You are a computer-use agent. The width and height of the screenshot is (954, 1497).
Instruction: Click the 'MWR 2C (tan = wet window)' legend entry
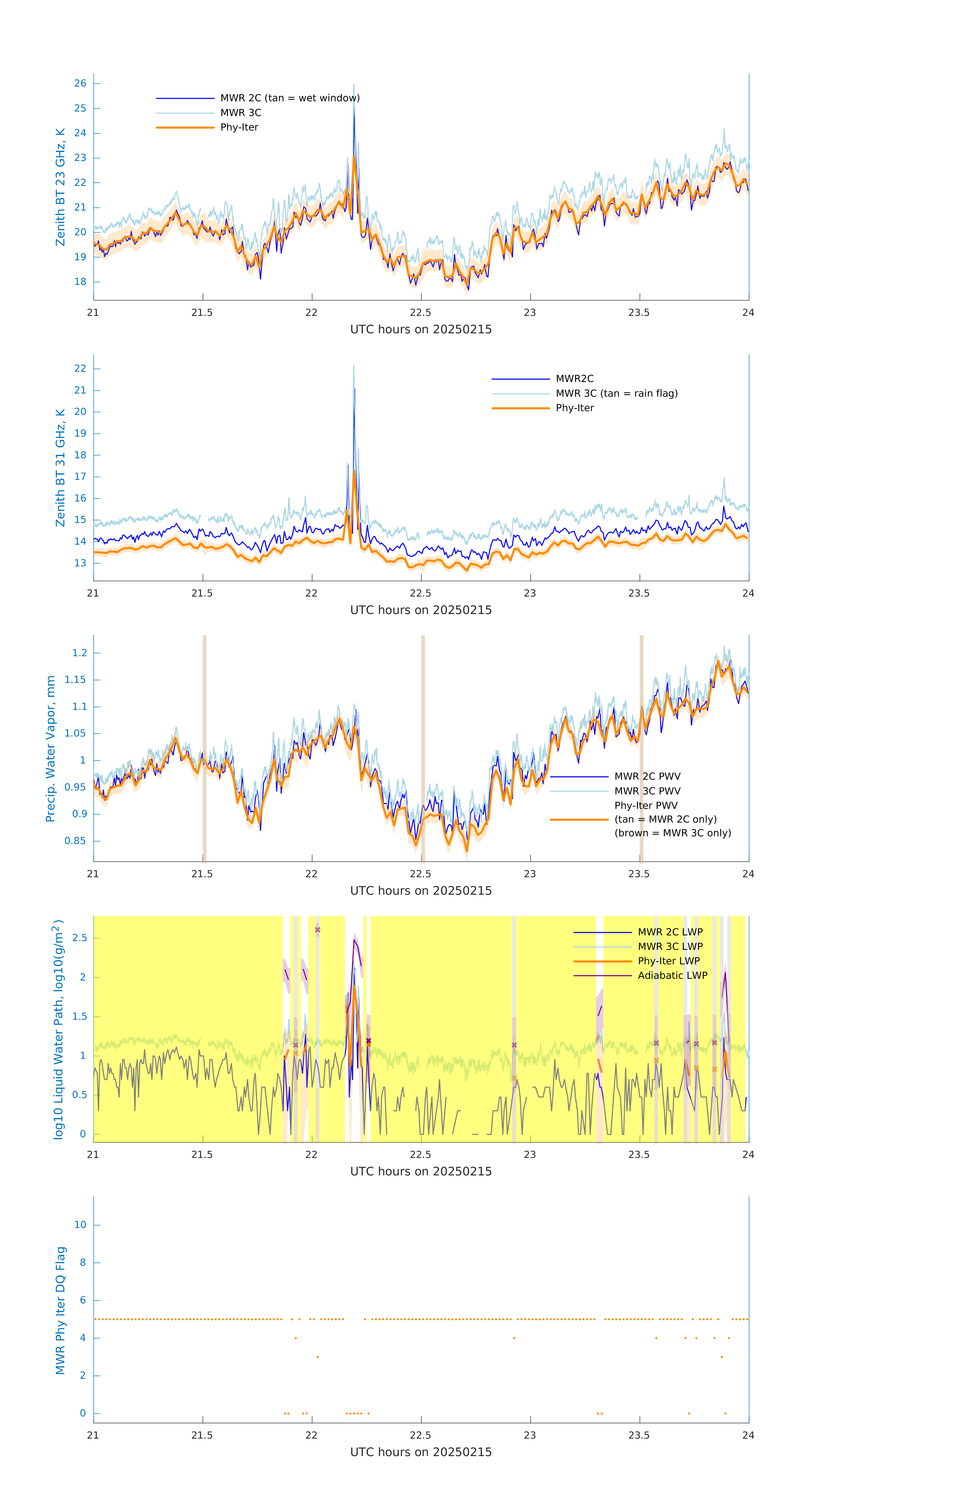[290, 98]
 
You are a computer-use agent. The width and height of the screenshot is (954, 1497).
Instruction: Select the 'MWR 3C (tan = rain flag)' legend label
[616, 393]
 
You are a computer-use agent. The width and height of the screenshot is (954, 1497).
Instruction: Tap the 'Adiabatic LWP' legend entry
[672, 975]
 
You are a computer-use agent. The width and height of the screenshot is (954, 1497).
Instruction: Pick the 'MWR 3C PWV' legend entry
[647, 791]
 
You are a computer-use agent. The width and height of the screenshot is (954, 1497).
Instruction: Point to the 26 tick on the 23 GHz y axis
[80, 83]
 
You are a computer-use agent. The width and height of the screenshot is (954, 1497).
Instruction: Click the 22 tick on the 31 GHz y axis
[80, 369]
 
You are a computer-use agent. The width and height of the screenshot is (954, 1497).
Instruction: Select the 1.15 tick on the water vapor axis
[75, 679]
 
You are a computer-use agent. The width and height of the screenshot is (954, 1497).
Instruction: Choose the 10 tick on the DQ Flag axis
[80, 1225]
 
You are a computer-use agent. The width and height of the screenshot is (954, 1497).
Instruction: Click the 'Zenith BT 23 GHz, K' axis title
[60, 187]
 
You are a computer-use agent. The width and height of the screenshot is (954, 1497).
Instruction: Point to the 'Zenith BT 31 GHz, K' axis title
[60, 468]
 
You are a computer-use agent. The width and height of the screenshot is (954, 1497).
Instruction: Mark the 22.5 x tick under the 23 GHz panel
[421, 313]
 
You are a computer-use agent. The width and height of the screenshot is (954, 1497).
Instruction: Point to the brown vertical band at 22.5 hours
[423, 746]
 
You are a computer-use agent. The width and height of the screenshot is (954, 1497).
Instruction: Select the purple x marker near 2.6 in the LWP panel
[318, 930]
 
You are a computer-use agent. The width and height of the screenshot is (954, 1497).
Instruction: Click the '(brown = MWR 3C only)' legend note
[672, 833]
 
